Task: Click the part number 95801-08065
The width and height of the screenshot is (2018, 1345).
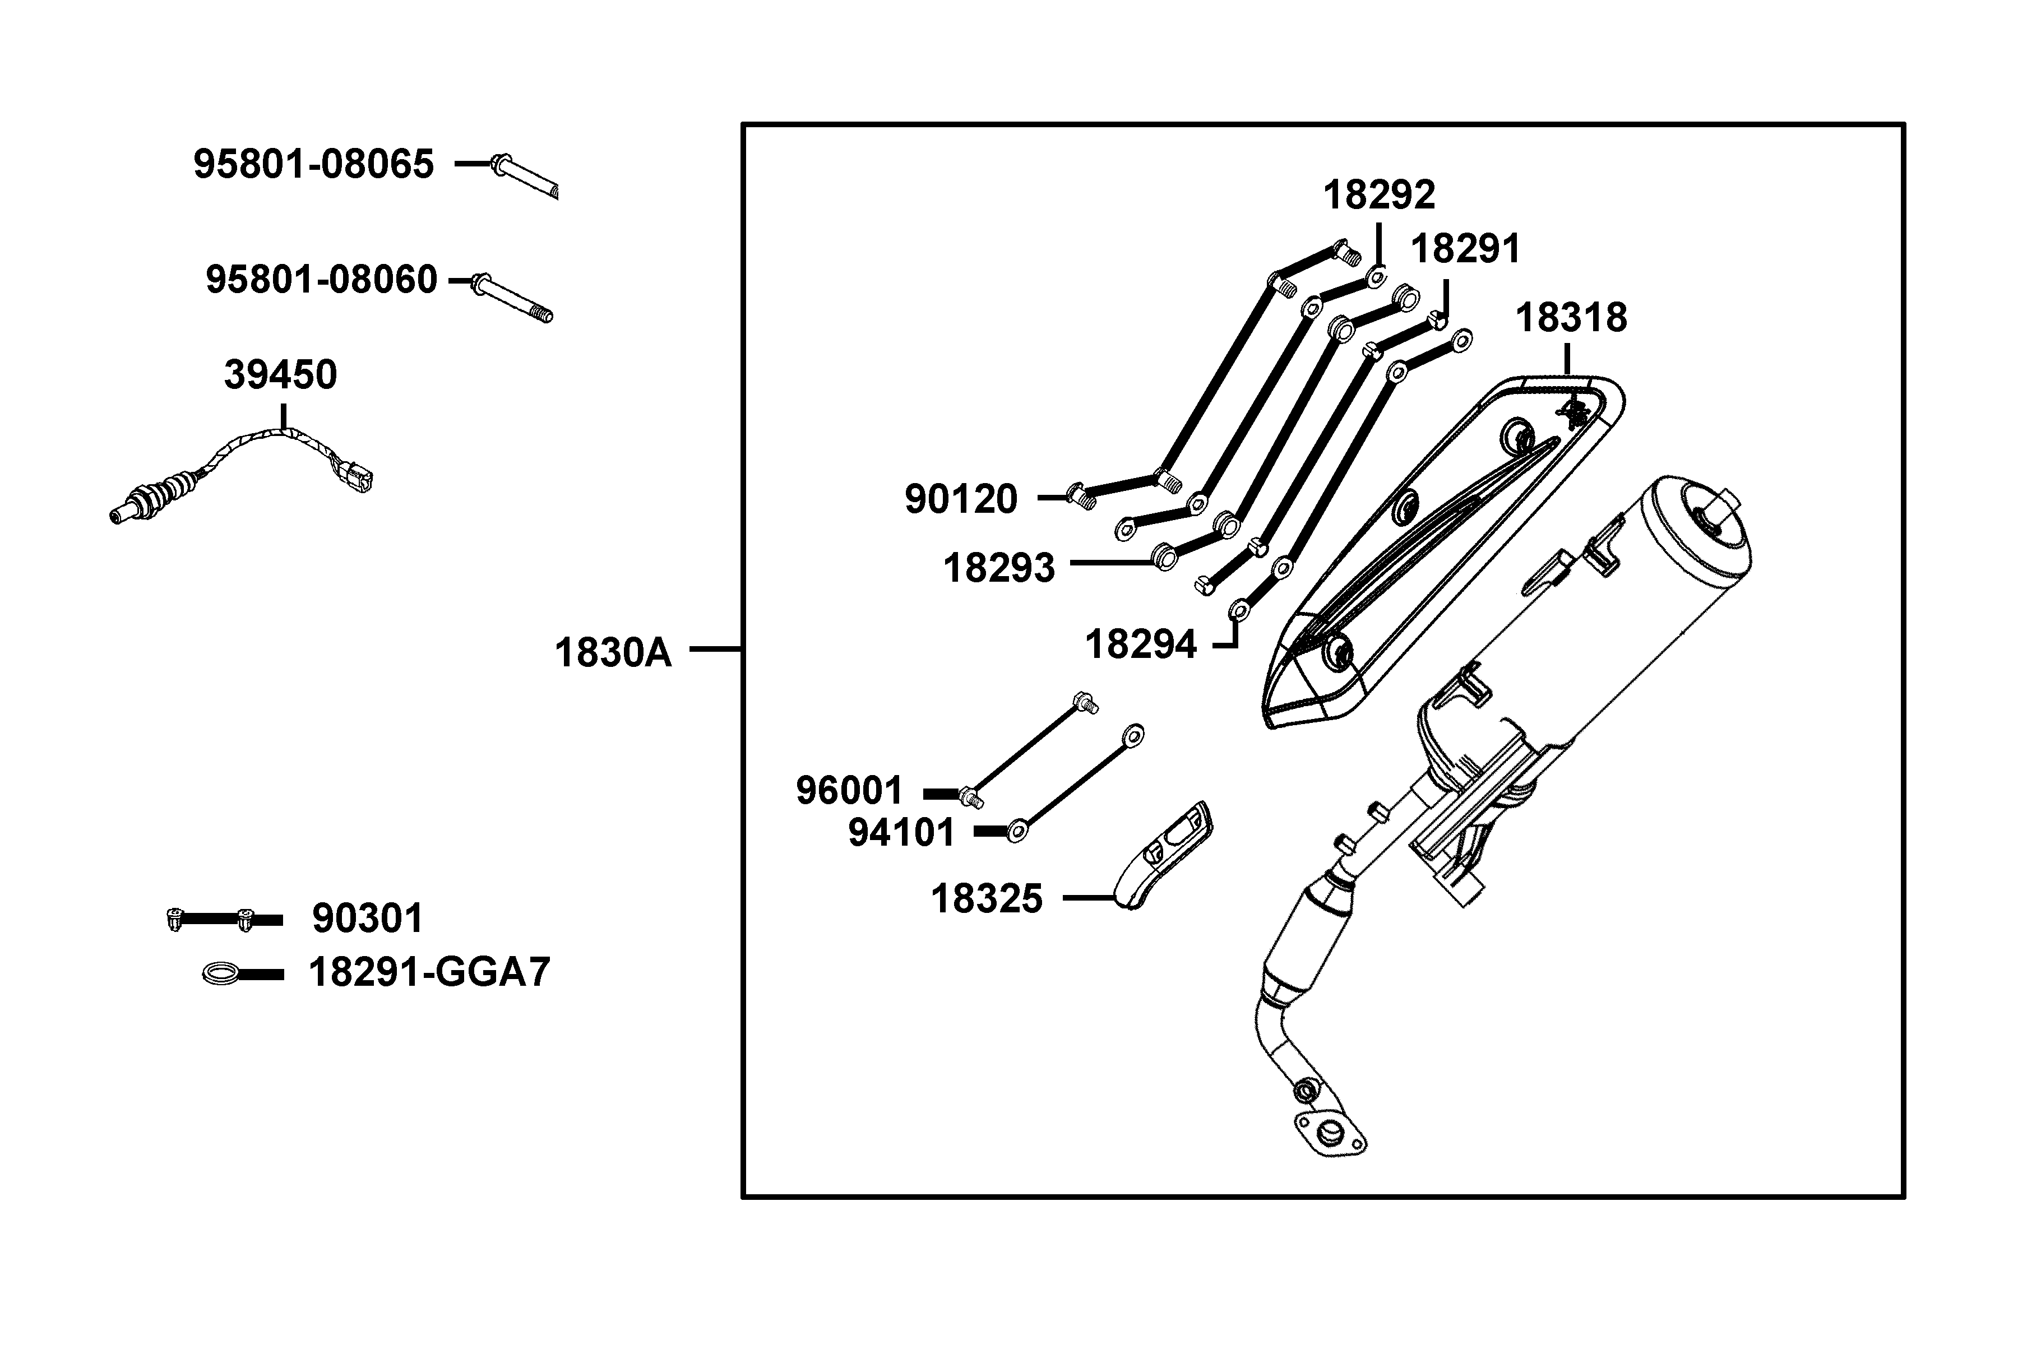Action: (314, 164)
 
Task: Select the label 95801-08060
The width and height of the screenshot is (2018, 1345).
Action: (322, 280)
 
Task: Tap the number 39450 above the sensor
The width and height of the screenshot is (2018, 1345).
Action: (281, 375)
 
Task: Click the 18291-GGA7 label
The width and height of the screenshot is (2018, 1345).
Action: (429, 973)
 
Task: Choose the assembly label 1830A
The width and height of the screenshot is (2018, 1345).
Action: (613, 653)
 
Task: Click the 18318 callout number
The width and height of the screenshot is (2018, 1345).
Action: (1571, 317)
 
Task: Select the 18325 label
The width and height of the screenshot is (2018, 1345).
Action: (987, 899)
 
